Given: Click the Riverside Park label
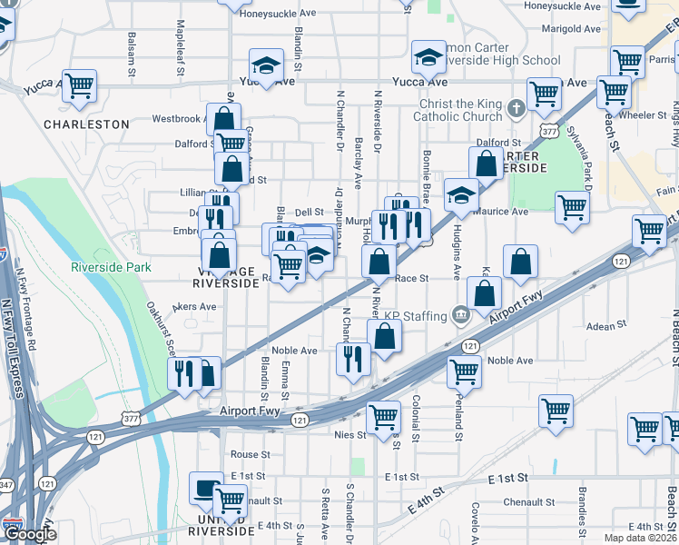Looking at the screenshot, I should pos(112,267).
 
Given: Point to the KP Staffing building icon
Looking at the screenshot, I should pos(460,315).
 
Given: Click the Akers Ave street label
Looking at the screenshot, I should pos(194,307).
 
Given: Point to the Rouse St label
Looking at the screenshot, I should pos(251,454).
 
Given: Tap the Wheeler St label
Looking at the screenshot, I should pos(643,115).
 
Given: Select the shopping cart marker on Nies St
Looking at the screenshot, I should pos(384,416).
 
